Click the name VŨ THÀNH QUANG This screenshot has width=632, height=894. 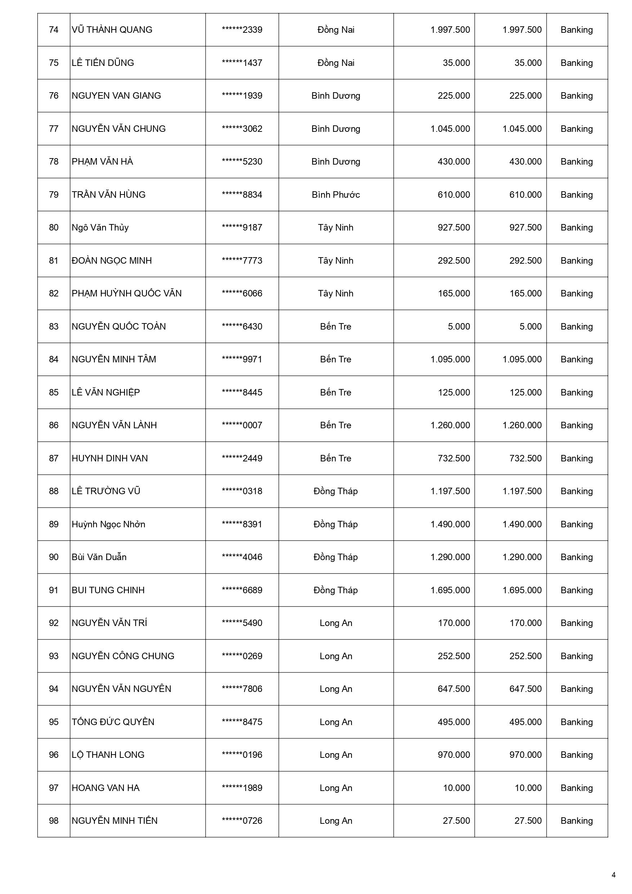(112, 30)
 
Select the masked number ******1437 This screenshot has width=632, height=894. (242, 63)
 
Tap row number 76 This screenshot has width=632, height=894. (54, 96)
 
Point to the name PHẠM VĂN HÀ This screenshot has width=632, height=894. (102, 162)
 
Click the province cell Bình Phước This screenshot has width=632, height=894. (336, 195)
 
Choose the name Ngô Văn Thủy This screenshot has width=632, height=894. (100, 227)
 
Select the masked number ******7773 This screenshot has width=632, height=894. (242, 260)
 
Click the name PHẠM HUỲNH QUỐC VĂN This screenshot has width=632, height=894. (126, 294)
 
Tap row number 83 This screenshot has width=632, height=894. (54, 326)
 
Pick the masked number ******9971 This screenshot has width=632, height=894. (242, 359)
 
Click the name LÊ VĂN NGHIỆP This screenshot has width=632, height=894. (106, 393)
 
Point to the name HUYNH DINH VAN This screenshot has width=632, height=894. (109, 458)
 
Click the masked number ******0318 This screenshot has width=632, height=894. (242, 491)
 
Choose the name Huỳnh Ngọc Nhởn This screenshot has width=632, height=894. (108, 524)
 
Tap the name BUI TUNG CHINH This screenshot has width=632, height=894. (108, 590)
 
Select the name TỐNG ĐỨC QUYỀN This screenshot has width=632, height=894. (113, 722)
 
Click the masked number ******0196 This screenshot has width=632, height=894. (242, 755)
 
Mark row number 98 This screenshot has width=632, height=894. (54, 821)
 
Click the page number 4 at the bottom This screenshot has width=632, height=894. (614, 875)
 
